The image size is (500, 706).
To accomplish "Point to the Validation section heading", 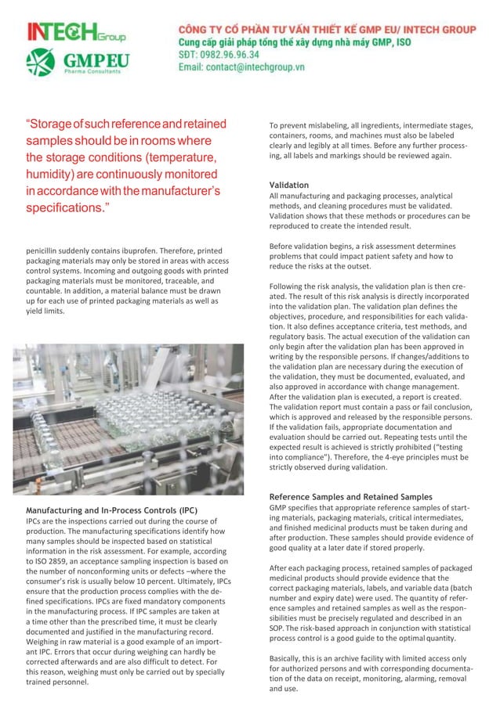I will pos(288,185).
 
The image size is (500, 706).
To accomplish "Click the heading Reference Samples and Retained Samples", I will pos(350,497).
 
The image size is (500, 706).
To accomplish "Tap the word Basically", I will pos(288,658).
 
